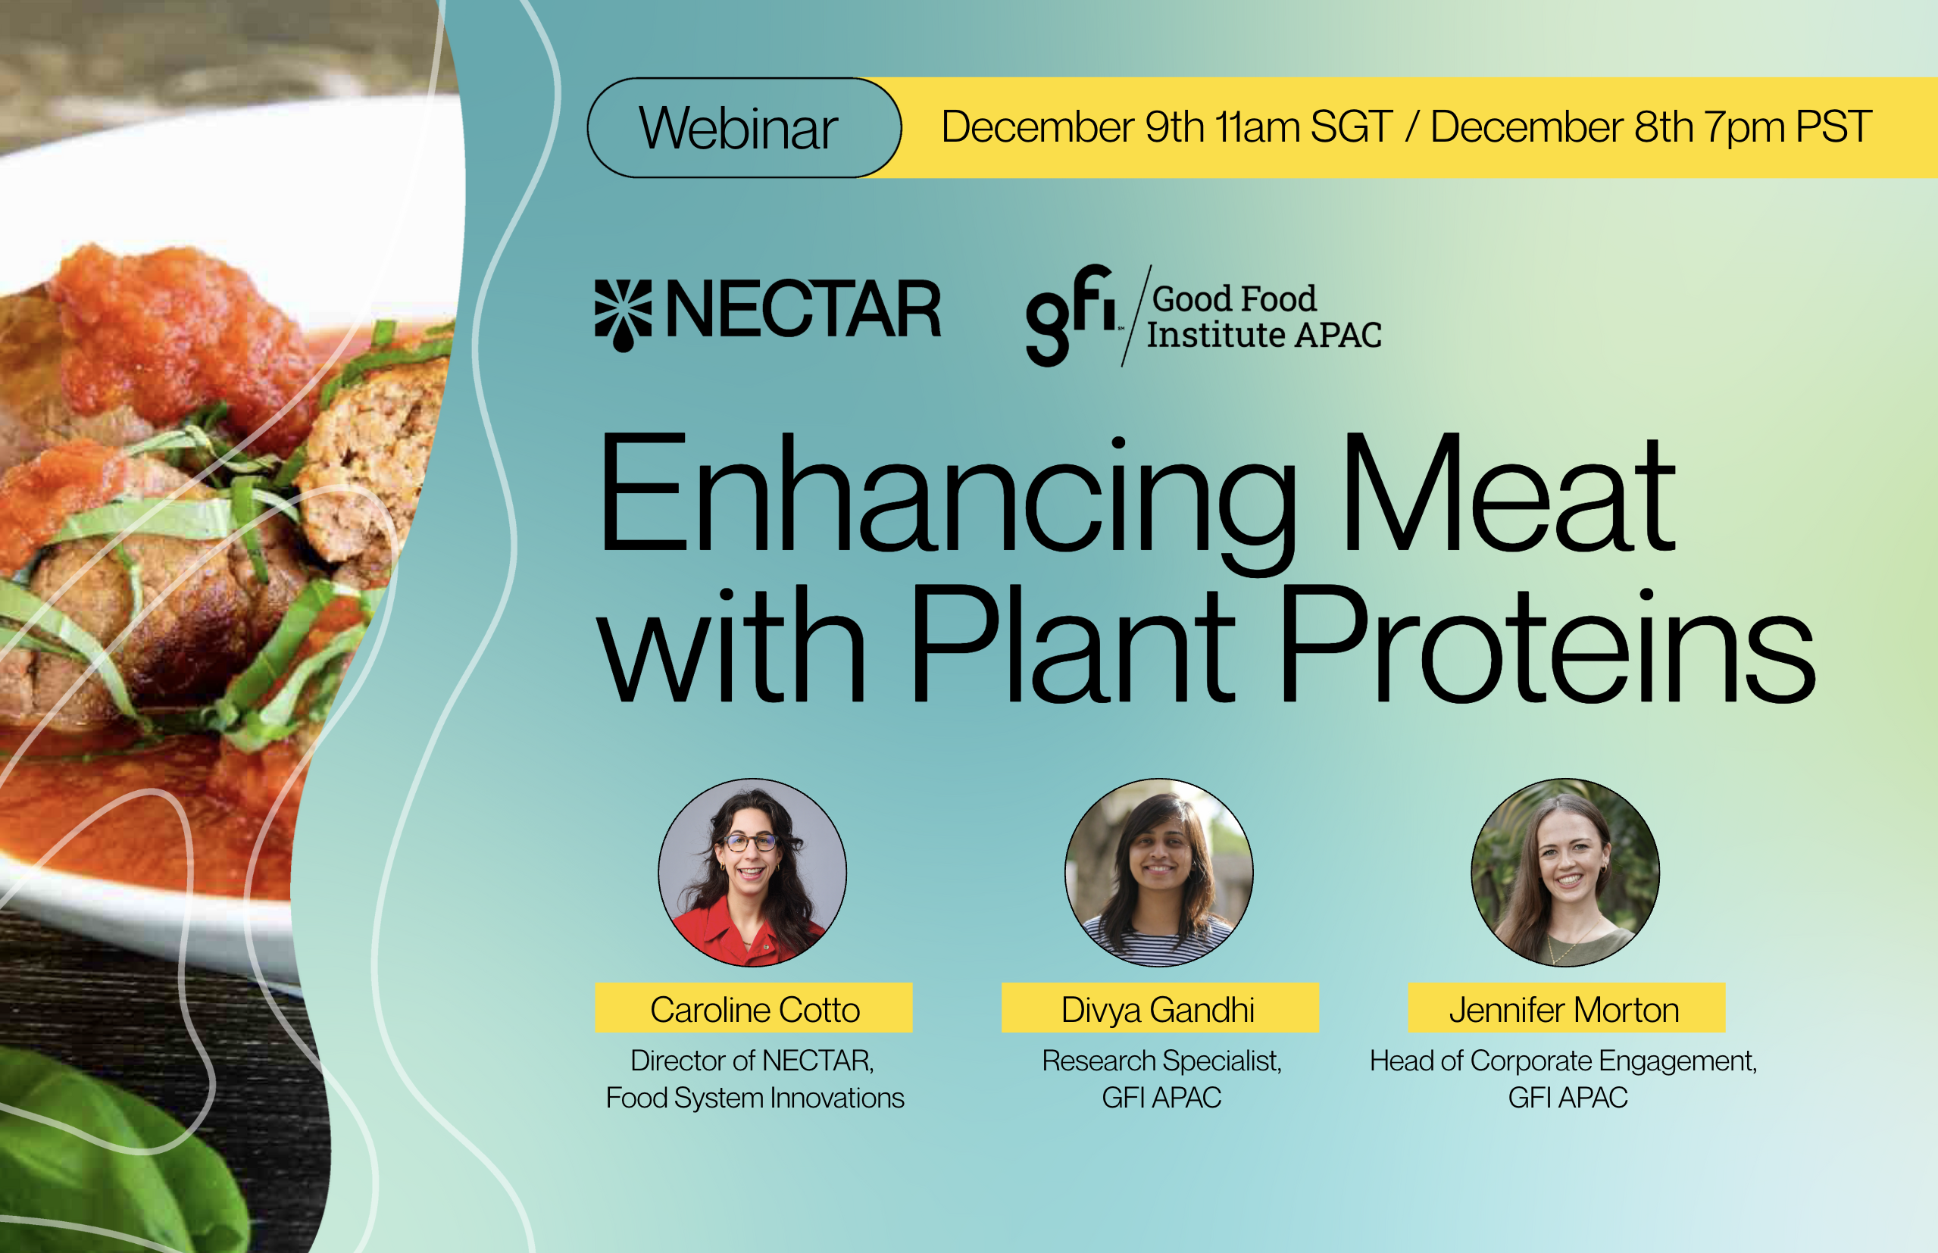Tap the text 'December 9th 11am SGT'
point(1167,127)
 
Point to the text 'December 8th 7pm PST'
point(1652,128)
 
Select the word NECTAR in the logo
point(803,309)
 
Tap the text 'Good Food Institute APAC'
point(1264,317)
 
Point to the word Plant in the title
point(1073,642)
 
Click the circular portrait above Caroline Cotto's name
point(752,872)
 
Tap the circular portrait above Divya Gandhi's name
point(1159,872)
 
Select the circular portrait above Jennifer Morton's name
point(1565,872)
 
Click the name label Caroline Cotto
point(754,1008)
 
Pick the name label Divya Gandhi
point(1160,1008)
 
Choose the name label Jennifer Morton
point(1567,1008)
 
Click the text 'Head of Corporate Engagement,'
point(1564,1061)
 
